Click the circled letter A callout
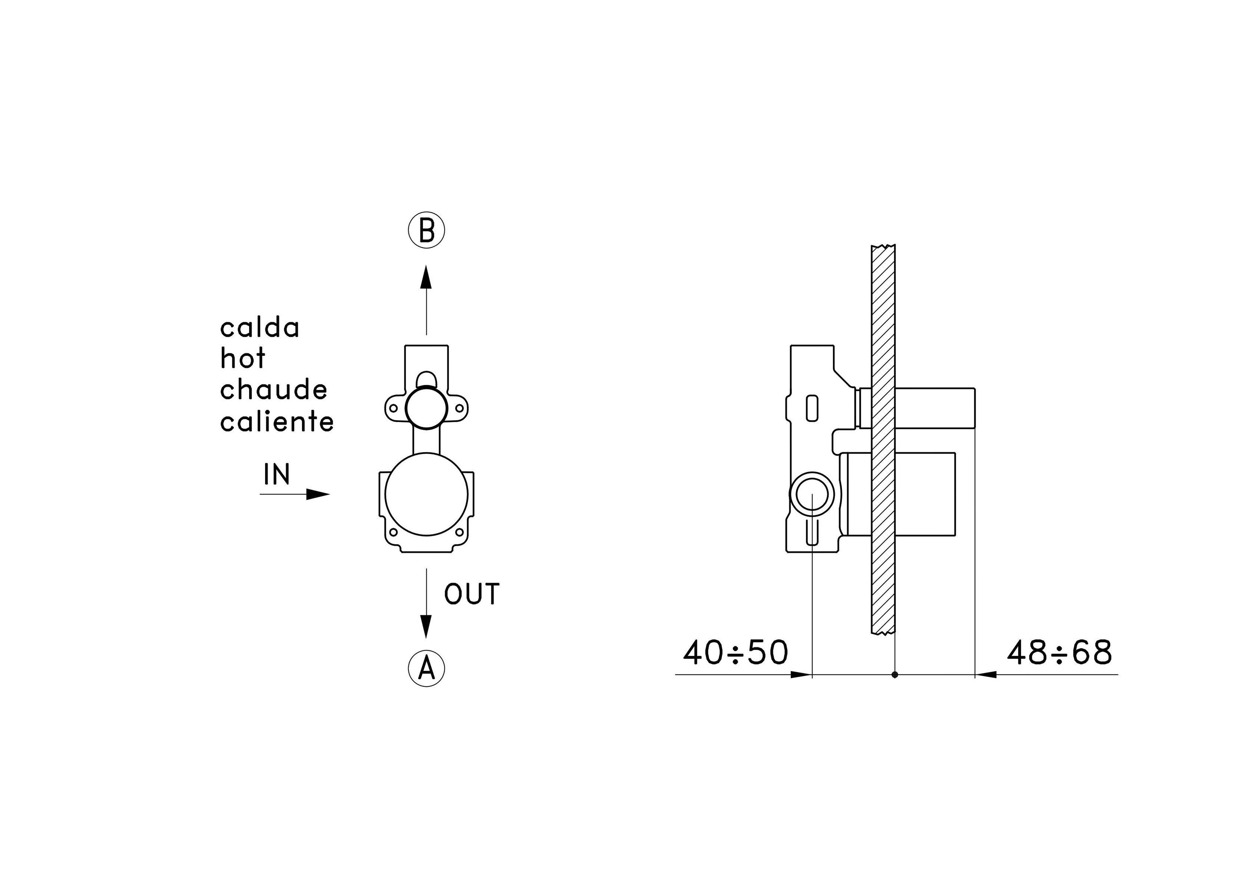(426, 668)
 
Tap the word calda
(259, 328)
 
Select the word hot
(243, 359)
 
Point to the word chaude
(274, 390)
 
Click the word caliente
(277, 421)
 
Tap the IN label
(277, 474)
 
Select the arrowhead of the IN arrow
(318, 494)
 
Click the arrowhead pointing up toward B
(426, 277)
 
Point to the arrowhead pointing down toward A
(426, 626)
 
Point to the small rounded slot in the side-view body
(812, 408)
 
